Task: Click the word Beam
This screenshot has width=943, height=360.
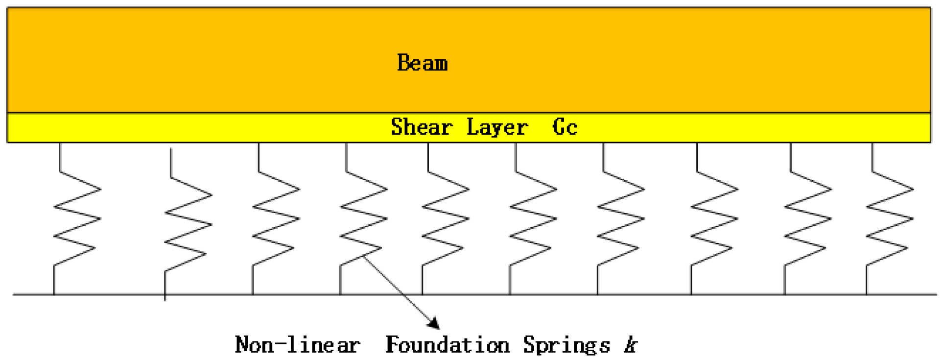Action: [x=422, y=63]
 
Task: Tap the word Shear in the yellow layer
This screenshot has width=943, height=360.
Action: [x=421, y=127]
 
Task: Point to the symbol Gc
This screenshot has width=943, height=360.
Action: [x=565, y=127]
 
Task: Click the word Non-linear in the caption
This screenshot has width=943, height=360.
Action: [x=297, y=345]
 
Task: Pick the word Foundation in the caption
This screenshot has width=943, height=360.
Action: [x=447, y=345]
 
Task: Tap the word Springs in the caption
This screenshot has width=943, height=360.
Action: [x=566, y=345]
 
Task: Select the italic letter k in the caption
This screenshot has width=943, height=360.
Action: [x=631, y=345]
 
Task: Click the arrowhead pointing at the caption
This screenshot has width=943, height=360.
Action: [x=434, y=323]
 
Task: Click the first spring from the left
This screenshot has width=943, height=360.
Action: [x=77, y=218]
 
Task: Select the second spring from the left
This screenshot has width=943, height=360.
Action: [x=188, y=224]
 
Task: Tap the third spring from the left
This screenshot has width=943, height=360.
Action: [x=276, y=218]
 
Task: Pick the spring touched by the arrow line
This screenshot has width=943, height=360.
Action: [x=363, y=218]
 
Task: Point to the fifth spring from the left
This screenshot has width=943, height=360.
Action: [x=445, y=218]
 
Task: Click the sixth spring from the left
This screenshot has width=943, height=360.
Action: [x=533, y=218]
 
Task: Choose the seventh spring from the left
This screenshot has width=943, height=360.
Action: [x=620, y=218]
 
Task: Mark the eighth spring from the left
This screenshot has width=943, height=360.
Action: [x=714, y=218]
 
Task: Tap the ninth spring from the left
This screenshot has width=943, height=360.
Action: [x=807, y=218]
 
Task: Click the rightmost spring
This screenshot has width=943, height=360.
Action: [x=889, y=218]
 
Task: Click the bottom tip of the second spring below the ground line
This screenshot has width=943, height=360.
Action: [x=165, y=299]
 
